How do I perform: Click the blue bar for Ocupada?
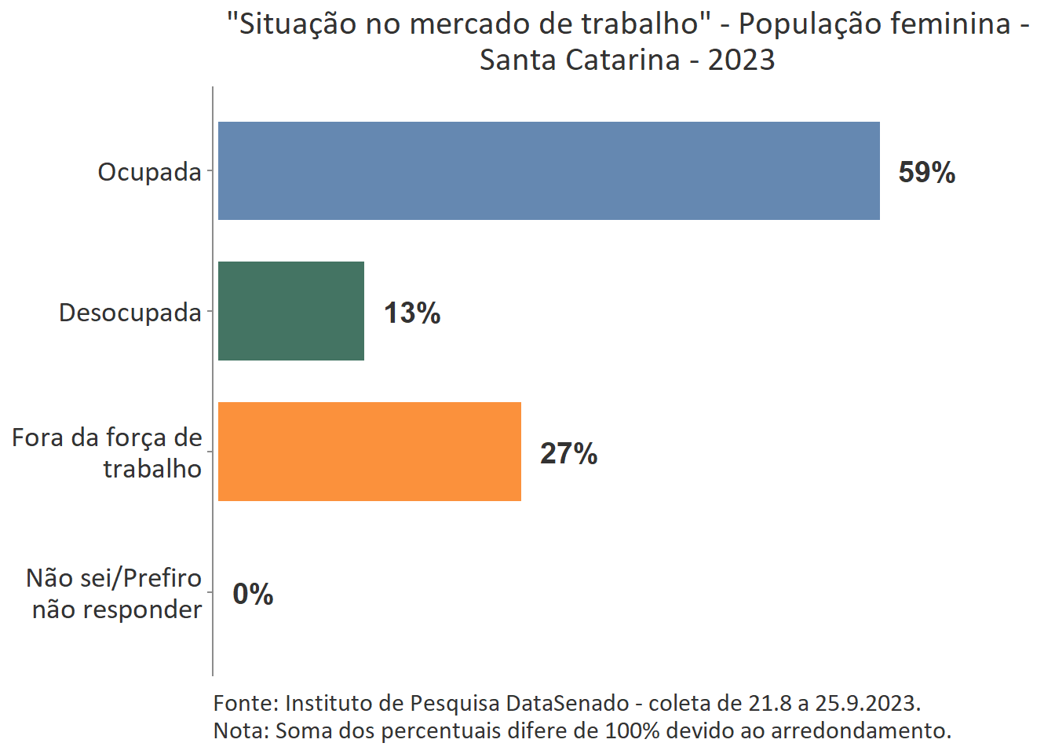[x=549, y=170]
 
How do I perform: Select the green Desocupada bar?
[x=291, y=311]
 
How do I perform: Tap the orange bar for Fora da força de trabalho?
[x=370, y=452]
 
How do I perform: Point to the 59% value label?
[x=926, y=172]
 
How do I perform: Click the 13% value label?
[x=412, y=313]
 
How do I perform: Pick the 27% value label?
[x=568, y=453]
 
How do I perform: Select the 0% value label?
[x=253, y=594]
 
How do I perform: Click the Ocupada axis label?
[x=149, y=171]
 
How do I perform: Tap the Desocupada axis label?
[x=130, y=313]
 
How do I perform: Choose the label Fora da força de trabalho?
[x=108, y=452]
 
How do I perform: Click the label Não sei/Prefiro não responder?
[x=115, y=594]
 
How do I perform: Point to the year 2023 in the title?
[x=741, y=60]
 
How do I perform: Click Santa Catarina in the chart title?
[x=579, y=60]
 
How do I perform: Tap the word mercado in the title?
[x=469, y=24]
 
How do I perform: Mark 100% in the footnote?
[x=632, y=730]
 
